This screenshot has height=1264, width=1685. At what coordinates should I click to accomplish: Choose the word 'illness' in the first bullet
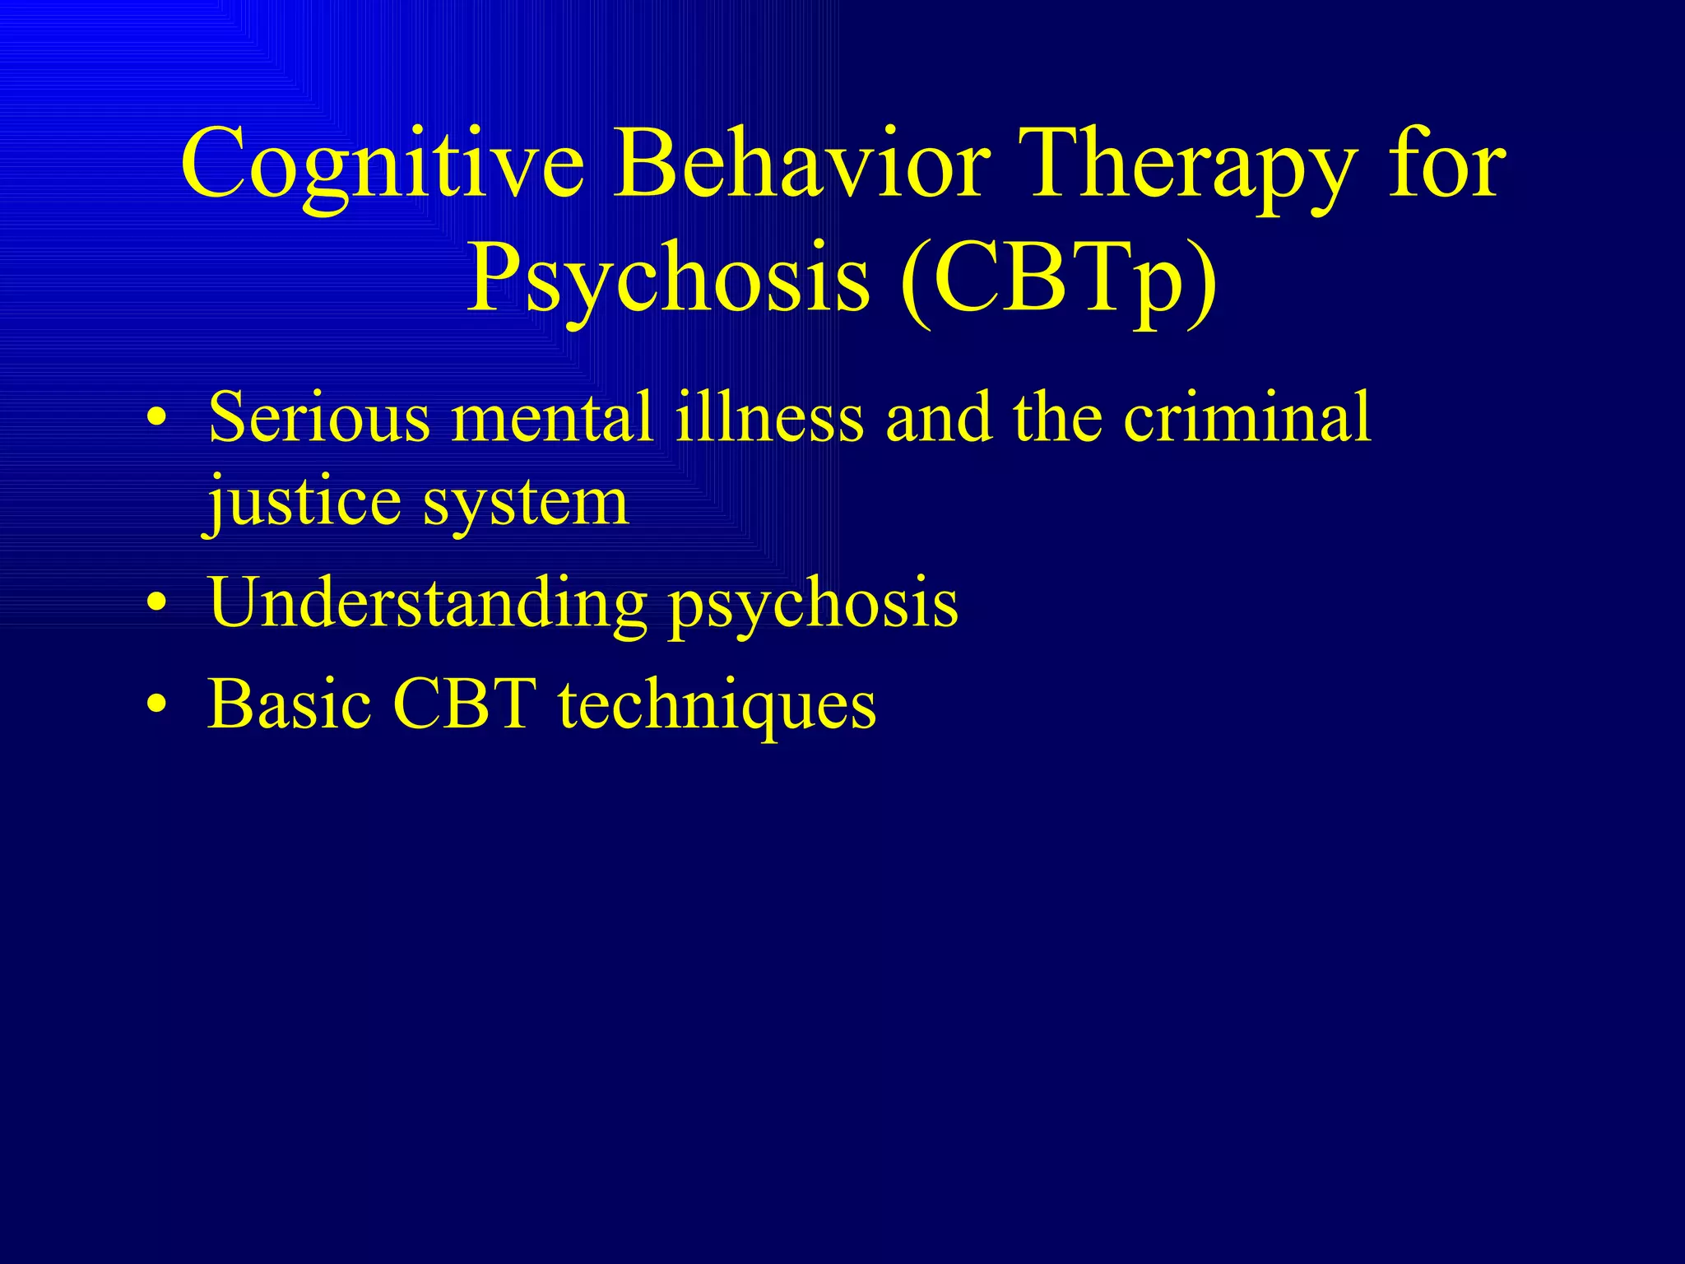768,418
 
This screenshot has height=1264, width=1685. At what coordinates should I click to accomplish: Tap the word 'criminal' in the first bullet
1247,418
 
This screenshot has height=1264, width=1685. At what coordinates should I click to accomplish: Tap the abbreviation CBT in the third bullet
465,705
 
